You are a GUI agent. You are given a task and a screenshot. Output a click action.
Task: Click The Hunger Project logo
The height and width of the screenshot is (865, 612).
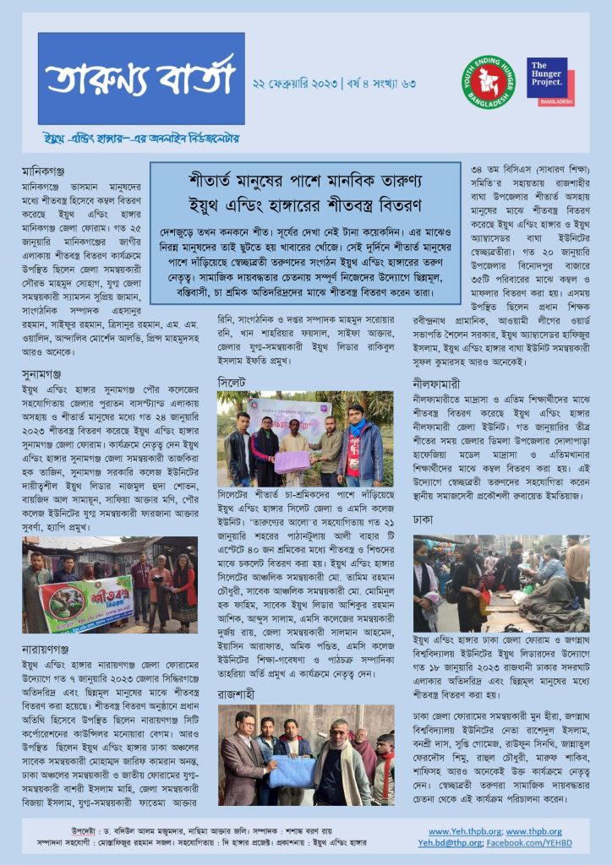click(550, 82)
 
